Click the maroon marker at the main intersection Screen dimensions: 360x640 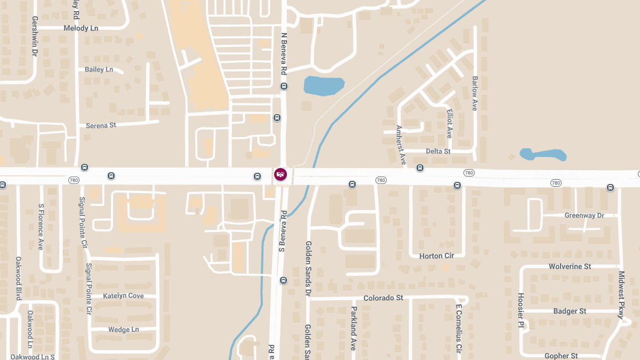pos(280,174)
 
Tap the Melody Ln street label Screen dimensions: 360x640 pos(81,28)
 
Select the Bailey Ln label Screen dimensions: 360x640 pos(99,69)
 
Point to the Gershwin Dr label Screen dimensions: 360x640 pos(35,36)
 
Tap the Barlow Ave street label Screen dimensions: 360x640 pos(475,93)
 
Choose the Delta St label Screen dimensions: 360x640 pos(438,151)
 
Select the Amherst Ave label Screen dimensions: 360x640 pos(401,145)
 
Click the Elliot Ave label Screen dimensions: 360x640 pos(450,124)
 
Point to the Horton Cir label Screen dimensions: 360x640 pos(436,256)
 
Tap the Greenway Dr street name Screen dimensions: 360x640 pos(584,215)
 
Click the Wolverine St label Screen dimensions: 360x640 pos(570,266)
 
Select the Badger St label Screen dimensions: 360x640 pos(570,311)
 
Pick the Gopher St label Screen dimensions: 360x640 pos(561,356)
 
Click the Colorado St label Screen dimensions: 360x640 pos(383,298)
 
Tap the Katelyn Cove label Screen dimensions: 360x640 pos(123,295)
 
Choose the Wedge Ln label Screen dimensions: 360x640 pos(123,330)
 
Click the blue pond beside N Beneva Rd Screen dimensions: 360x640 pos(323,86)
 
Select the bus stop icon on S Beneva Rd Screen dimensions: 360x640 pos(284,280)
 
